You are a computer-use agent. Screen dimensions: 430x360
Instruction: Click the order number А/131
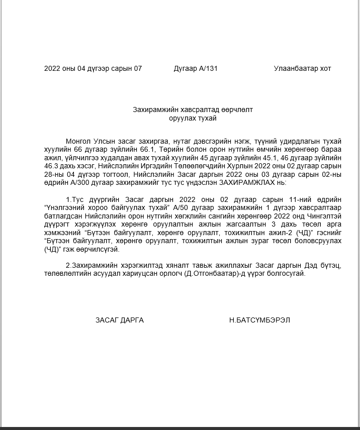[209, 68]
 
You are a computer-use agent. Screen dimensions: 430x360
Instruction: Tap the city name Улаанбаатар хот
[302, 68]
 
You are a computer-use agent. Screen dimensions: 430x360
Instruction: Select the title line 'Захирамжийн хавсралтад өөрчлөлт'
[193, 109]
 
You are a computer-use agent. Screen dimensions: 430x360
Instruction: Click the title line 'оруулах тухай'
[193, 118]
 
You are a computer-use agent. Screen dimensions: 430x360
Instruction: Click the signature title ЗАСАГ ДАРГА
[120, 320]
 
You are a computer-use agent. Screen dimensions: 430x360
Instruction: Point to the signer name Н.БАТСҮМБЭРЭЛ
[259, 320]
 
